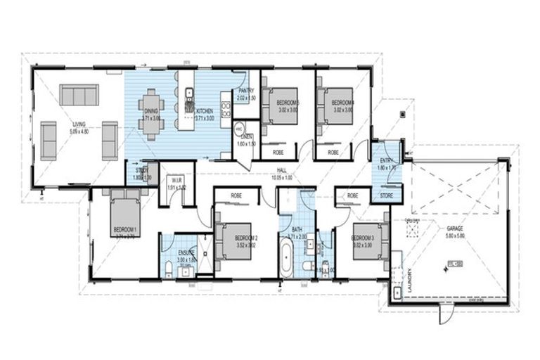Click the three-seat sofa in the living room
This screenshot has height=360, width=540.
coord(79,95)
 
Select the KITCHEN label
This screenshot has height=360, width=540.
coord(205,111)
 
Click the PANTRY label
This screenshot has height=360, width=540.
coord(245,91)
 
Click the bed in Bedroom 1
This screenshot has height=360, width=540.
coord(124,215)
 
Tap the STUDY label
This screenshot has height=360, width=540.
coord(142,169)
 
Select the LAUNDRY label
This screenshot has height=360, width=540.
coord(408,281)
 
